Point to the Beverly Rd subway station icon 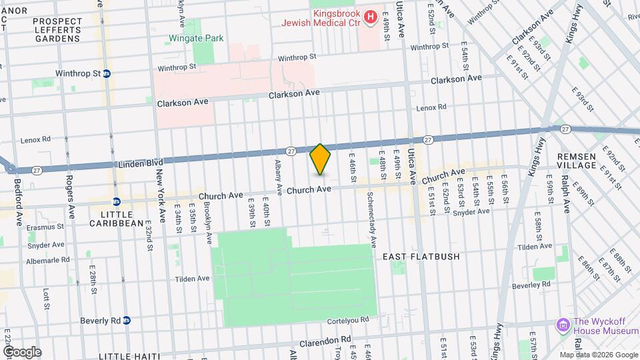point(125,320)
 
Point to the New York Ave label point(160,195)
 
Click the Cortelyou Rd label point(347,320)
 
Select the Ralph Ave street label point(565,191)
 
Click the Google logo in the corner point(21,351)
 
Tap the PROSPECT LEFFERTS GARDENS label point(57,30)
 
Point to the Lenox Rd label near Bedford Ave point(35,139)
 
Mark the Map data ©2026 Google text point(599,355)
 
